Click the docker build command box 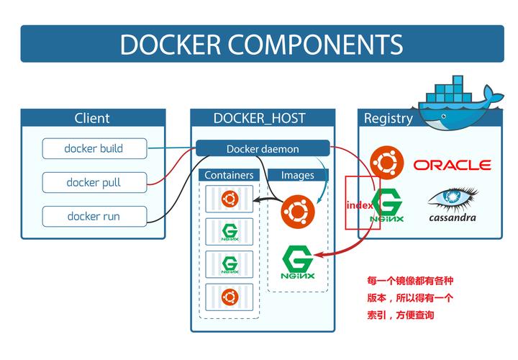94,148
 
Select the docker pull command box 94,182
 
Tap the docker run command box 94,217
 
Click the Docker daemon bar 263,148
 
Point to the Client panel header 93,117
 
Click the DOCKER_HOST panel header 263,117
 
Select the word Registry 388,118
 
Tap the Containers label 229,175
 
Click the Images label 298,175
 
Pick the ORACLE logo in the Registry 453,165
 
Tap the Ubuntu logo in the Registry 387,163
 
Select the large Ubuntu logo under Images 298,212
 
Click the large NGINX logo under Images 298,262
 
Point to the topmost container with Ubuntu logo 230,199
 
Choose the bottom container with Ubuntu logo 230,297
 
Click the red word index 360,205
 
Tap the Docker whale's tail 494,94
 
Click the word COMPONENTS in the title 316,45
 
